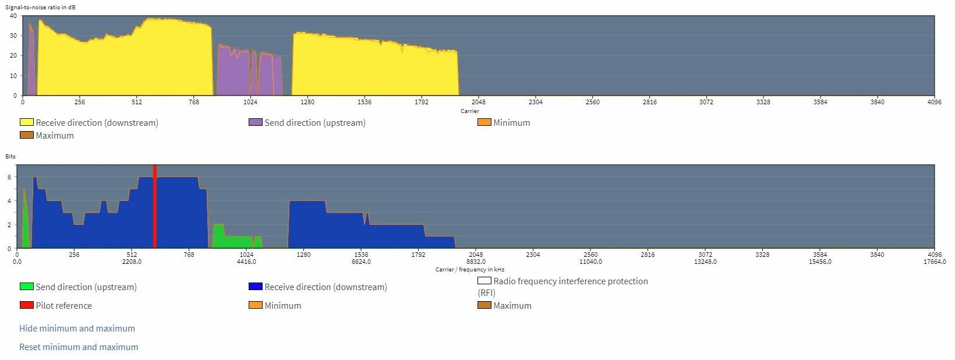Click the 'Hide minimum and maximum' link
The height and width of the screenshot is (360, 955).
click(77, 329)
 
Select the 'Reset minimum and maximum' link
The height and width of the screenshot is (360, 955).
click(79, 347)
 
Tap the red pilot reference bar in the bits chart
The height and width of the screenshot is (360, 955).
click(155, 207)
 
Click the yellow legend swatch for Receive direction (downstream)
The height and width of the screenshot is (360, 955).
click(27, 122)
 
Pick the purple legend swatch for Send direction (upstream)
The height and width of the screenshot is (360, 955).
click(256, 122)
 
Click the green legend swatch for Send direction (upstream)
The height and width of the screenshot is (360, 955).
click(27, 287)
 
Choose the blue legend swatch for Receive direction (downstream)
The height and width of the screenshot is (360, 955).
click(256, 287)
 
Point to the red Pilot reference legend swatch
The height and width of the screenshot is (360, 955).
click(27, 305)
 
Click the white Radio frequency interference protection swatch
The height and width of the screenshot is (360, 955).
click(484, 281)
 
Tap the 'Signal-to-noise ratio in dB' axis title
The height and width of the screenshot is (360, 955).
click(40, 7)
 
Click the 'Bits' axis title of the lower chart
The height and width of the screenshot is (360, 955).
click(10, 157)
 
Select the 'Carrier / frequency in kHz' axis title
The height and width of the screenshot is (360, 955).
click(470, 270)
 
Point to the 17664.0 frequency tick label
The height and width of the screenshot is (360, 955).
click(935, 262)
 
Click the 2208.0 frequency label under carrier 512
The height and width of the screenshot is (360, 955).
click(132, 262)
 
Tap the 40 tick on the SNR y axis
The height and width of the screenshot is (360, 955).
click(13, 16)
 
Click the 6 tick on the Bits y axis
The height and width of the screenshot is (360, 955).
click(9, 177)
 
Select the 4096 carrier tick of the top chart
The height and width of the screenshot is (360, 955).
click(934, 103)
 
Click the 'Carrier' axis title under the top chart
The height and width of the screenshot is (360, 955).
click(470, 111)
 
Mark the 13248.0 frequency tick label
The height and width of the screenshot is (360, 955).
click(705, 262)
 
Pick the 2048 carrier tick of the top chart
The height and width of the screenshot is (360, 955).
click(478, 103)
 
